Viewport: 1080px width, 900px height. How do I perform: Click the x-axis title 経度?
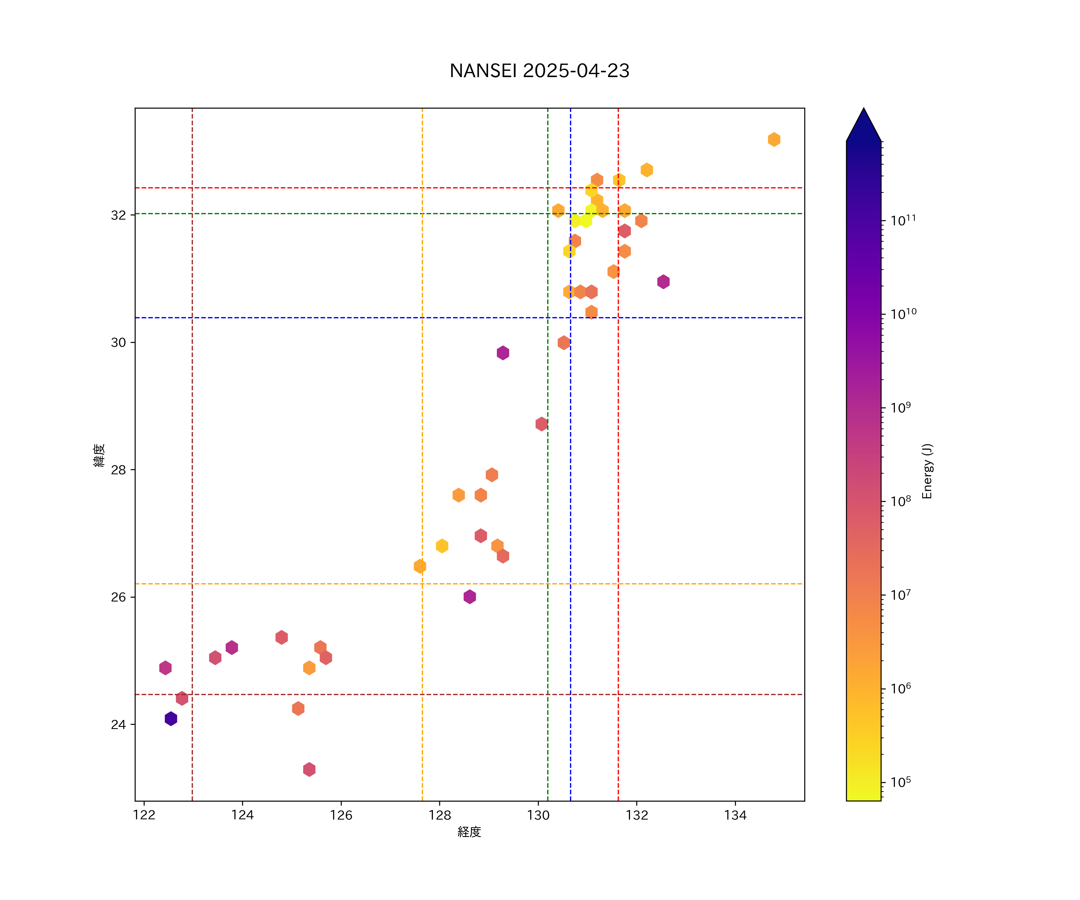point(469,832)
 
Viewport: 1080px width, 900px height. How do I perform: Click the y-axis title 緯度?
point(99,455)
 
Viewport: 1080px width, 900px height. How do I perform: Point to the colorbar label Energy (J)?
point(927,471)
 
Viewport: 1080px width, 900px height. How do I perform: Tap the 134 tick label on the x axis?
point(735,815)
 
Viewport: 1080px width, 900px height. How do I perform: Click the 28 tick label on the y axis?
point(118,470)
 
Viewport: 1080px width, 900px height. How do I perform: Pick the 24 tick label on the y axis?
point(118,724)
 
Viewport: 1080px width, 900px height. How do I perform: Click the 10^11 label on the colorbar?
point(903,220)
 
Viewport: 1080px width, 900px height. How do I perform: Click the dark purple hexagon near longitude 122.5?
point(171,718)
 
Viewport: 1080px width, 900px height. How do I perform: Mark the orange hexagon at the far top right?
point(774,139)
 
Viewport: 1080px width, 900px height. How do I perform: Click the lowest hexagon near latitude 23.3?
point(309,769)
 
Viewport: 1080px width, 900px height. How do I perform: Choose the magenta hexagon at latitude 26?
point(469,597)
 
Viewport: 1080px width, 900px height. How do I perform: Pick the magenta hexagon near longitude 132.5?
point(663,281)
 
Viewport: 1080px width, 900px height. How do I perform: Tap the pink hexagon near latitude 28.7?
point(541,424)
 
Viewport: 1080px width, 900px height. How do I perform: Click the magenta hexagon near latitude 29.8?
point(503,353)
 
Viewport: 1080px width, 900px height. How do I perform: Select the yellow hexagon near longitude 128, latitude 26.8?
point(442,546)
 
